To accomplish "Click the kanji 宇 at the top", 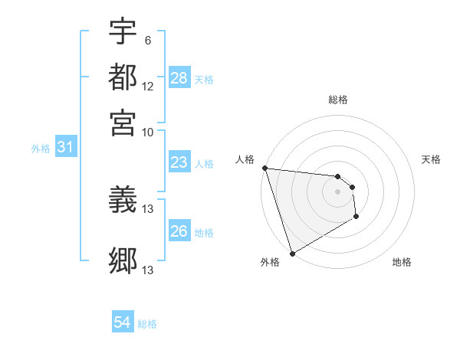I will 123,31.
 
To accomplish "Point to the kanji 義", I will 123,201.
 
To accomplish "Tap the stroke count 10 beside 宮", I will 148,133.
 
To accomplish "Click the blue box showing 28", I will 179,78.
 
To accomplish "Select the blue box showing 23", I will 179,162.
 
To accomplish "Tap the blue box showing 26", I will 179,231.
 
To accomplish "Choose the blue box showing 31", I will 65,147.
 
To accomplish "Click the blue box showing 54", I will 123,322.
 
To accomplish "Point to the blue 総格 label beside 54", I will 147,324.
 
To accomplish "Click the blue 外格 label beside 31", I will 41,149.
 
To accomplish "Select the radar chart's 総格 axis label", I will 337,100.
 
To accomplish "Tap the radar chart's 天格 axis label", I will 432,159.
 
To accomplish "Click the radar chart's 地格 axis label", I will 402,263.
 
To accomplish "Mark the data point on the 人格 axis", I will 264,168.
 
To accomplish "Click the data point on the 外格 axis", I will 292,254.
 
